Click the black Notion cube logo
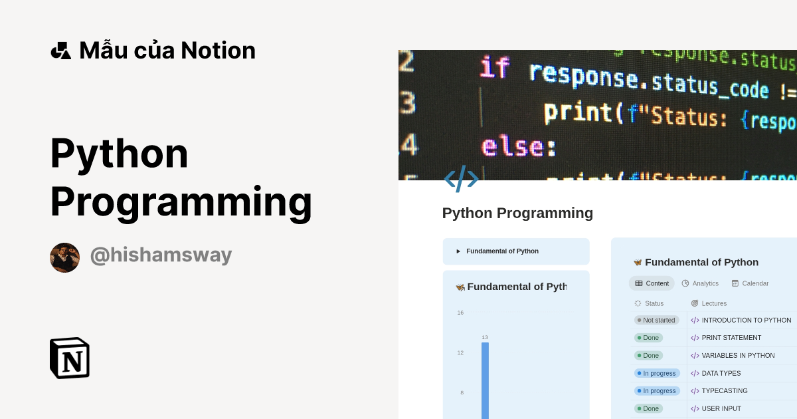tap(70, 358)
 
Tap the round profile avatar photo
tap(64, 257)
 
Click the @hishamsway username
tap(161, 255)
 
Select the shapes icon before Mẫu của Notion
tap(60, 51)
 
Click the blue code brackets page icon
tap(461, 179)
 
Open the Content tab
tap(652, 283)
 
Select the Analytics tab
tap(700, 283)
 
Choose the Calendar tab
tap(750, 283)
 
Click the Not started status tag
tap(656, 320)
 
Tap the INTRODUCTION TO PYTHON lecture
tap(746, 320)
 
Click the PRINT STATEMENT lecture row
tap(731, 338)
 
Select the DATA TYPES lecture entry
tap(721, 373)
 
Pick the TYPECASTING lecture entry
tap(724, 391)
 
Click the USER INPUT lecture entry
tap(721, 408)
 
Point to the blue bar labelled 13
tap(485, 379)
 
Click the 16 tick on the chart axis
tap(460, 313)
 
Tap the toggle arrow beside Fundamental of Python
tap(458, 251)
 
